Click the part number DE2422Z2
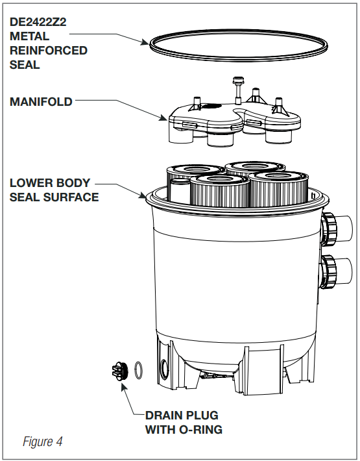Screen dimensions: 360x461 pyautogui.click(x=38, y=22)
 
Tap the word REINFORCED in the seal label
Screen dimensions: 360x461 pyautogui.click(x=49, y=51)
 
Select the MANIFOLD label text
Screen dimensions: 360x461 pyautogui.click(x=41, y=102)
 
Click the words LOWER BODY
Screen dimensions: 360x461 pyautogui.click(x=50, y=183)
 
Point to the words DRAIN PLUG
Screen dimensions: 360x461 pyautogui.click(x=182, y=416)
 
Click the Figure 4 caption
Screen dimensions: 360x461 pyautogui.click(x=43, y=442)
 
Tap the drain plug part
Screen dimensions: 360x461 pyautogui.click(x=120, y=371)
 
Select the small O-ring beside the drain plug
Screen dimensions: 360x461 pyautogui.click(x=139, y=370)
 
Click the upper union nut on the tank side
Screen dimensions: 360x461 pyautogui.click(x=329, y=229)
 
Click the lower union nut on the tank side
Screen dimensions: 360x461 pyautogui.click(x=329, y=271)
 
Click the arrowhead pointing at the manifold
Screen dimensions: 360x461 pyautogui.click(x=163, y=118)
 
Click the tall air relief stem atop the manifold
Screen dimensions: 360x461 pyautogui.click(x=237, y=90)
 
